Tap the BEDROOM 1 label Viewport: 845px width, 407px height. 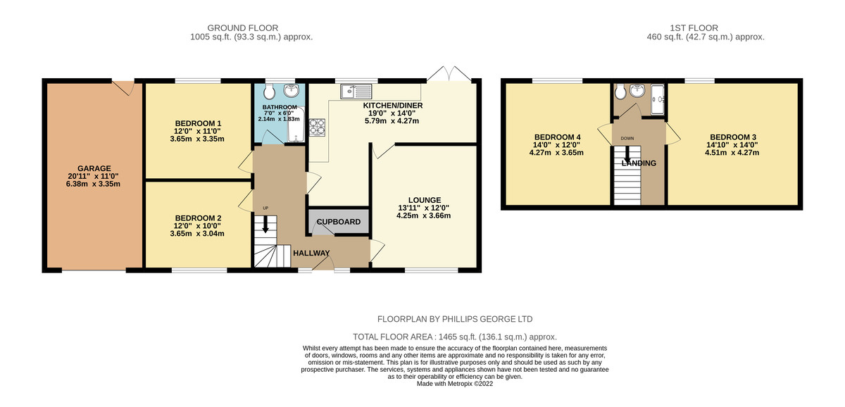point(198,123)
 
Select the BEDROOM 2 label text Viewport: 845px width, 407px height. point(198,218)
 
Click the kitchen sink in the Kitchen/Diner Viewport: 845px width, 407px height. point(356,92)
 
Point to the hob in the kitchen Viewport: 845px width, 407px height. point(317,127)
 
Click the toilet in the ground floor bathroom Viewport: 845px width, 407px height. point(269,91)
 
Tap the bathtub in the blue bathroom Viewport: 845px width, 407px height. point(296,125)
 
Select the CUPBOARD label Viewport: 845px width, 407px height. point(339,222)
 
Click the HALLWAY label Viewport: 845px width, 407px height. point(311,253)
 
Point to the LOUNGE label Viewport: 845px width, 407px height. point(425,200)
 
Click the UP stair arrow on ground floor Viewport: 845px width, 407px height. point(265,224)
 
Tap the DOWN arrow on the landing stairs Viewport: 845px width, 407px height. point(627,154)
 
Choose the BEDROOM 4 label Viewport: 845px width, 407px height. point(557,137)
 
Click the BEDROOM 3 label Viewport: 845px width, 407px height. point(733,137)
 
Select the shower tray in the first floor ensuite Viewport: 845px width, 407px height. point(658,99)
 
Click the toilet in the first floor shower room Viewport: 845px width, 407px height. point(620,92)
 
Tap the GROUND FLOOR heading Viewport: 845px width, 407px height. point(242,28)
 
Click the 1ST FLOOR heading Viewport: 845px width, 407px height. point(694,28)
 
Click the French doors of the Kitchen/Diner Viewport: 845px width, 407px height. point(449,73)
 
